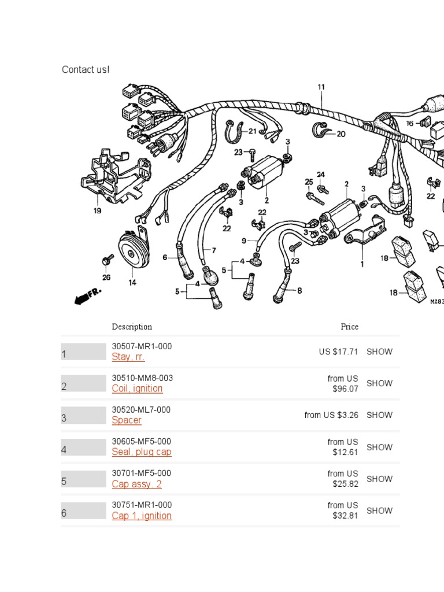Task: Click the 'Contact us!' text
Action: click(x=86, y=70)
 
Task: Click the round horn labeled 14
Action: click(x=132, y=249)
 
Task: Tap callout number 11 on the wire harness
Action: click(x=321, y=87)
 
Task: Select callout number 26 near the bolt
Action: click(x=106, y=277)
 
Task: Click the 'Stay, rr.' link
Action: click(x=128, y=357)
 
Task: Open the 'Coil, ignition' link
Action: click(x=137, y=388)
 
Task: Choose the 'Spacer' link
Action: click(x=127, y=420)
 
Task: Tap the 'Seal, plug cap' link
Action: click(x=142, y=452)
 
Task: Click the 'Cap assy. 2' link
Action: click(x=136, y=484)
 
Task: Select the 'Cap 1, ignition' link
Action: click(x=142, y=516)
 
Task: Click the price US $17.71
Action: click(x=338, y=351)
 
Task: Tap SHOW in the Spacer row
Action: click(x=379, y=415)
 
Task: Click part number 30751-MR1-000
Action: click(x=142, y=505)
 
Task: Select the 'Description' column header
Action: click(x=132, y=327)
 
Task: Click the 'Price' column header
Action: click(x=349, y=327)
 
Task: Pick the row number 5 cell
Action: click(x=83, y=481)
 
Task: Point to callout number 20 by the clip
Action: click(x=341, y=134)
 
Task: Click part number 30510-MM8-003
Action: click(x=142, y=378)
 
